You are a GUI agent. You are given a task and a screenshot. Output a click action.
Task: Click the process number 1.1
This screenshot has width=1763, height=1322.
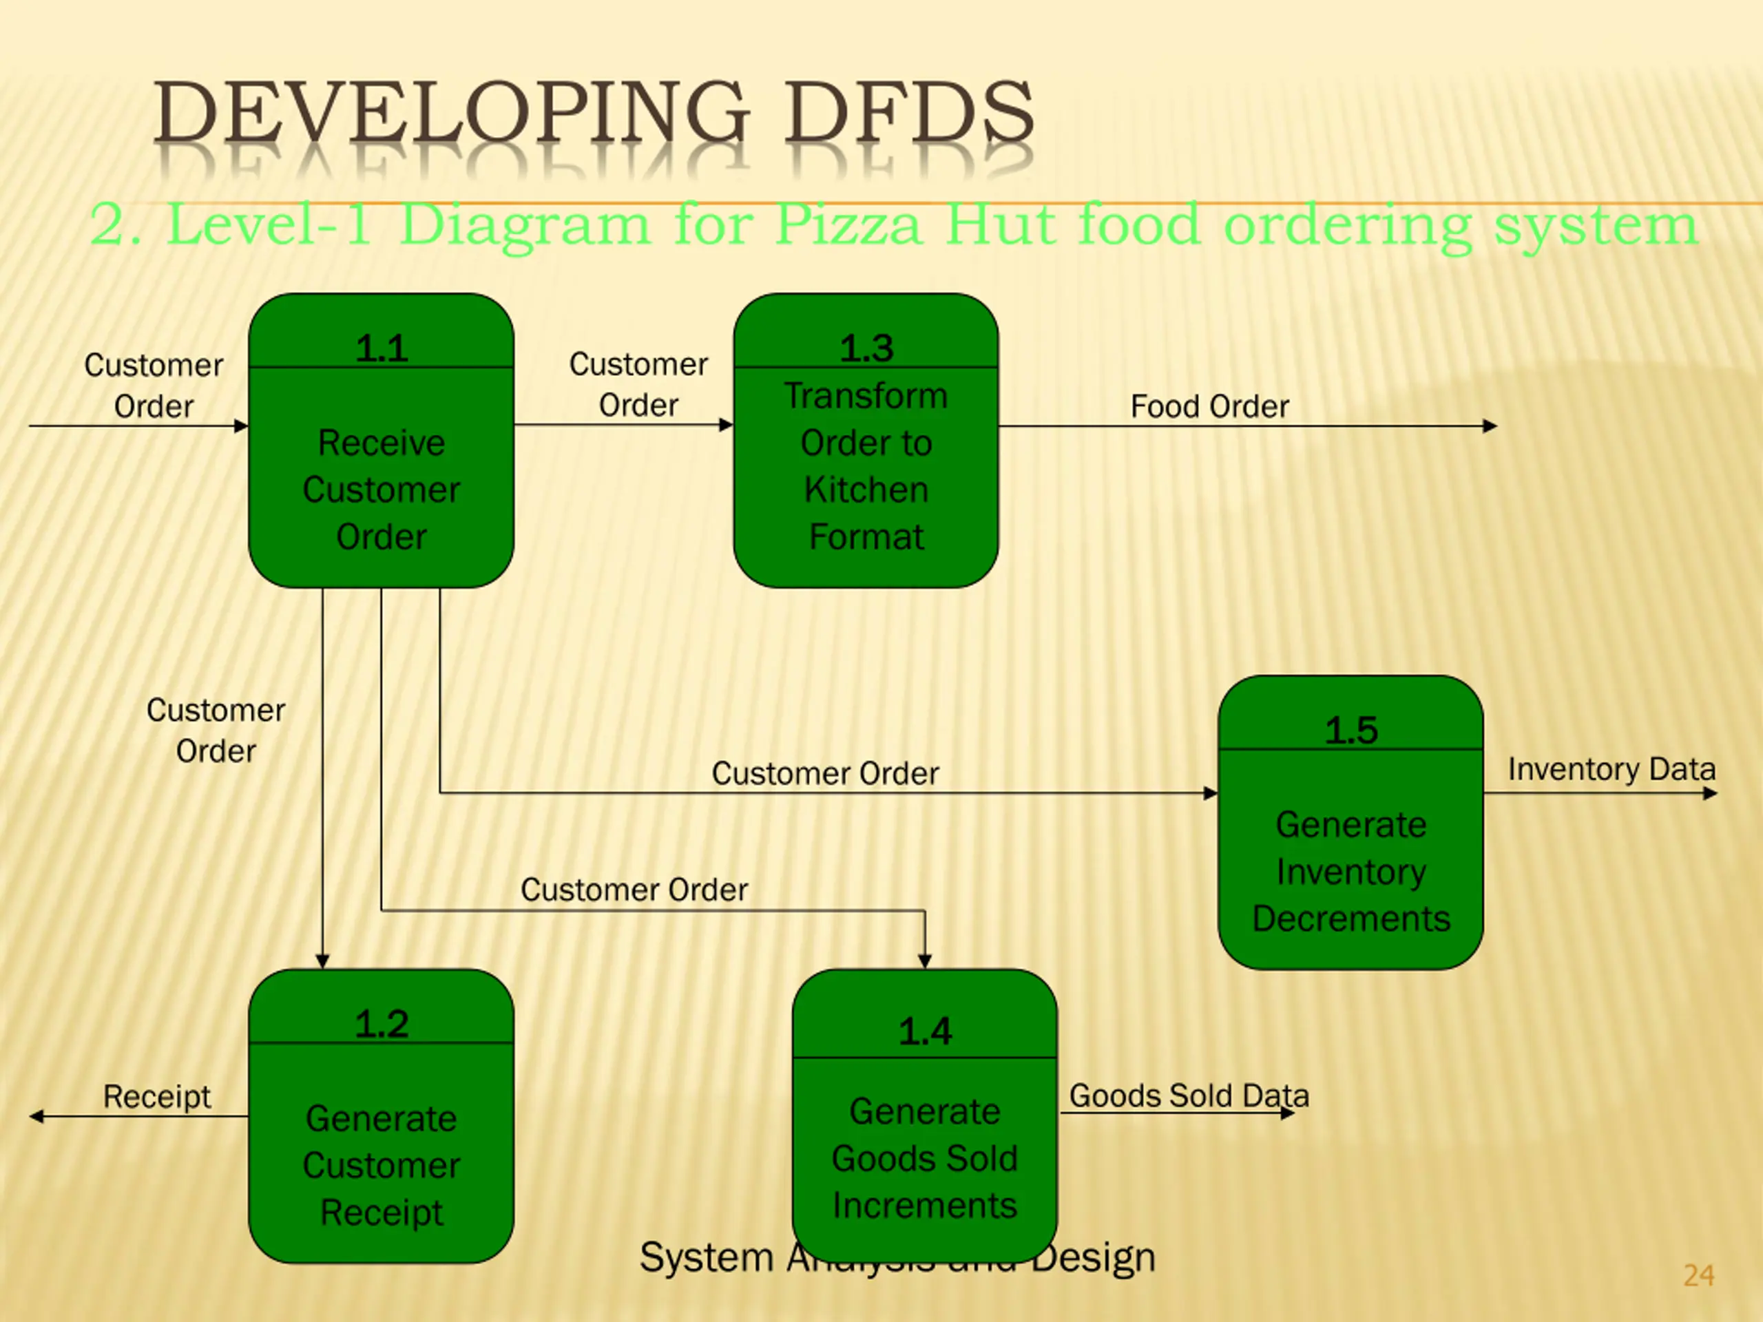pyautogui.click(x=381, y=348)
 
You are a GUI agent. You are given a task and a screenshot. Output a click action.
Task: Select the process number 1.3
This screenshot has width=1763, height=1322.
pyautogui.click(x=866, y=348)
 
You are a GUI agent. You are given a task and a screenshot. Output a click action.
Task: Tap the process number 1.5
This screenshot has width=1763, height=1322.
pyautogui.click(x=1351, y=731)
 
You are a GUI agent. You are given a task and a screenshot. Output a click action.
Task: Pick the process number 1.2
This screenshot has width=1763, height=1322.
pyautogui.click(x=381, y=1024)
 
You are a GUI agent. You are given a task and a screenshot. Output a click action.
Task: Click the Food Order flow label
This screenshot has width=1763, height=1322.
pyautogui.click(x=1209, y=406)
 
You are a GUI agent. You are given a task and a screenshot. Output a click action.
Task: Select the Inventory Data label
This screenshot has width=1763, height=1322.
pyautogui.click(x=1611, y=769)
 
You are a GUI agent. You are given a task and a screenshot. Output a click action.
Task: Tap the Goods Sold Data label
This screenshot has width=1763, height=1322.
pyautogui.click(x=1189, y=1095)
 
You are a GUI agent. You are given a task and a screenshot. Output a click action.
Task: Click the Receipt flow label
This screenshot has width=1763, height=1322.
pyautogui.click(x=157, y=1096)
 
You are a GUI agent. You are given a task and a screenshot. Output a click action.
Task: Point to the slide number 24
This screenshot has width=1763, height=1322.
pyautogui.click(x=1698, y=1276)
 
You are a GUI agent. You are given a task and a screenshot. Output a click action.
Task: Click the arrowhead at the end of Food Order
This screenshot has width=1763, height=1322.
pyautogui.click(x=1490, y=426)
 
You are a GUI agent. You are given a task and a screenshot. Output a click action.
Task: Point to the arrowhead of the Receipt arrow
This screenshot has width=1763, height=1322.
pyautogui.click(x=36, y=1116)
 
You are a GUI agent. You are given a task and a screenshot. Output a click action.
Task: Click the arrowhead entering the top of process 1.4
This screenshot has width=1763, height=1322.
pyautogui.click(x=924, y=961)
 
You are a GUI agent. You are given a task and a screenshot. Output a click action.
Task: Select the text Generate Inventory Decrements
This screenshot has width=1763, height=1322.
pyautogui.click(x=1351, y=871)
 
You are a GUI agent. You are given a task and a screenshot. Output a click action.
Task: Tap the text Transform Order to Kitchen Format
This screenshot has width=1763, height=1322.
pyautogui.click(x=866, y=466)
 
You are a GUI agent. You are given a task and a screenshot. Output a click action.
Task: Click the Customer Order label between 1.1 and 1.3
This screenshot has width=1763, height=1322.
pyautogui.click(x=638, y=385)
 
